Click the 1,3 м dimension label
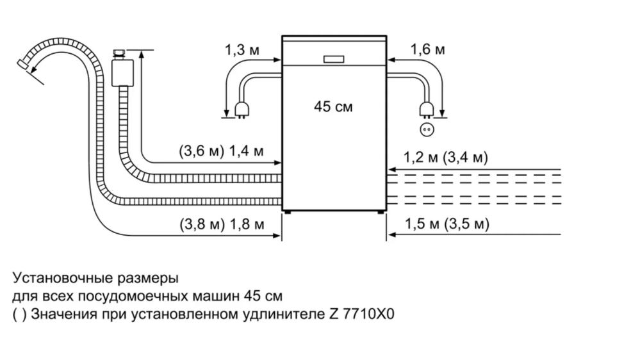[242, 50]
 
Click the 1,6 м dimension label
[427, 49]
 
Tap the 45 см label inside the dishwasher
[333, 106]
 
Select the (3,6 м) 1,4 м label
[221, 151]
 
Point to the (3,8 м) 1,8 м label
[222, 224]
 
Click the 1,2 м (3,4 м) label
[446, 157]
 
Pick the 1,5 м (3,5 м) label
[447, 224]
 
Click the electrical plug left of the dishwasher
[240, 110]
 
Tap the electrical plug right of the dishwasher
[426, 110]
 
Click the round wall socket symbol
[427, 130]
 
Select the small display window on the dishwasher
[334, 59]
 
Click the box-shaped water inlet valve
[123, 72]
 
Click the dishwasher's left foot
[288, 212]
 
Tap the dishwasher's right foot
[380, 212]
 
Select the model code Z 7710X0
[361, 315]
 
